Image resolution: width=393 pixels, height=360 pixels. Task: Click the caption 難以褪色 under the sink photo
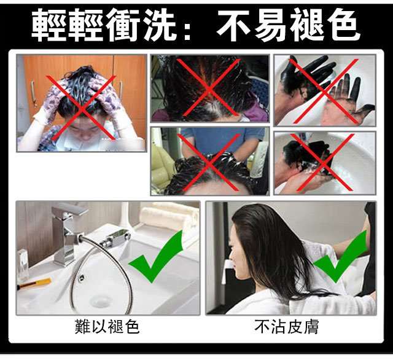click(x=107, y=327)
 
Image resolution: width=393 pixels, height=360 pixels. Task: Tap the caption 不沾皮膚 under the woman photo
click(x=287, y=327)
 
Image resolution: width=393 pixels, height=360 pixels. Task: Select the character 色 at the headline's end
click(x=343, y=25)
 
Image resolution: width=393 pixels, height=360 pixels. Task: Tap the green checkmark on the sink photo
click(x=155, y=256)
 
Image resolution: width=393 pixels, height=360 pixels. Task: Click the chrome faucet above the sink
click(x=66, y=233)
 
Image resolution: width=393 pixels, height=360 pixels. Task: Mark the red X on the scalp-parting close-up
click(x=210, y=88)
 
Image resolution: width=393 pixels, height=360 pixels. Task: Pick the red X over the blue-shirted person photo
click(x=209, y=162)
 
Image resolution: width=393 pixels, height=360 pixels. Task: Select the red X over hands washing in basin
click(x=323, y=162)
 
